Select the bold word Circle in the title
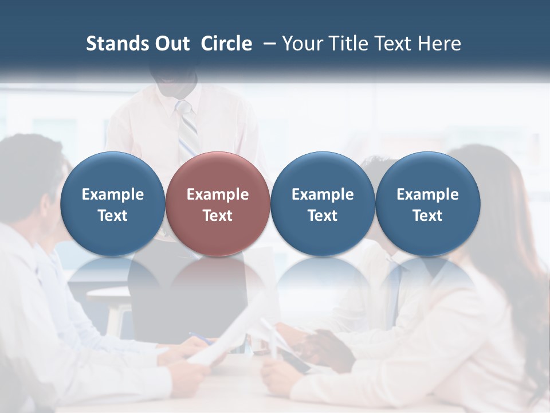226,44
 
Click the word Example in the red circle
218,194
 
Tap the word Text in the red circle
218,216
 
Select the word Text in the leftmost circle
113,216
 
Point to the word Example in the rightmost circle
427,194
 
